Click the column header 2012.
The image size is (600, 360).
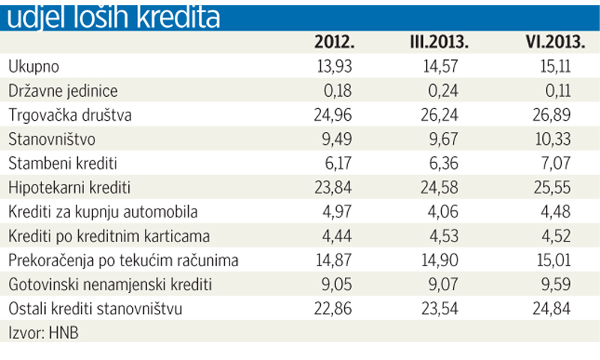pos(333,43)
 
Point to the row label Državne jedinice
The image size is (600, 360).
pos(63,91)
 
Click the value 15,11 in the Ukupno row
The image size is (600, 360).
pos(555,67)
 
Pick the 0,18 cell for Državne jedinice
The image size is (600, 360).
pos(336,91)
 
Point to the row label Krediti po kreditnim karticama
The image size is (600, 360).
pos(109,236)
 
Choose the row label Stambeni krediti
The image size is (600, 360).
pos(63,163)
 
